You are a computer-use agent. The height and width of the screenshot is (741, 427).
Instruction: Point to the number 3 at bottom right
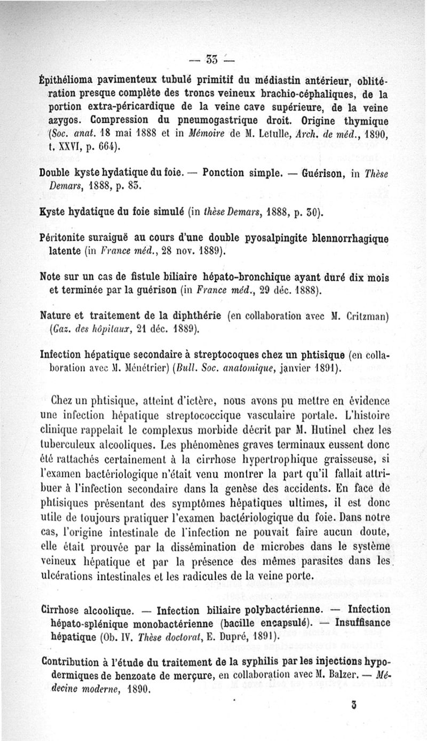pos(354,704)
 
